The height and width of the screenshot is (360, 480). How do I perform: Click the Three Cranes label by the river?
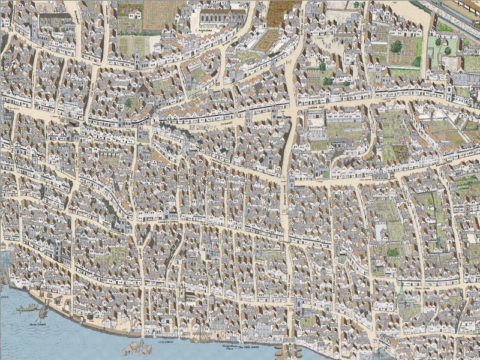point(38,323)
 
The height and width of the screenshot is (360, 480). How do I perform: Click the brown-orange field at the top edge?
point(282,11)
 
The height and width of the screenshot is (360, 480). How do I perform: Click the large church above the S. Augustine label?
point(222,16)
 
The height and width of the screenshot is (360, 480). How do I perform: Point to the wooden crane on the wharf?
point(44,312)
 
